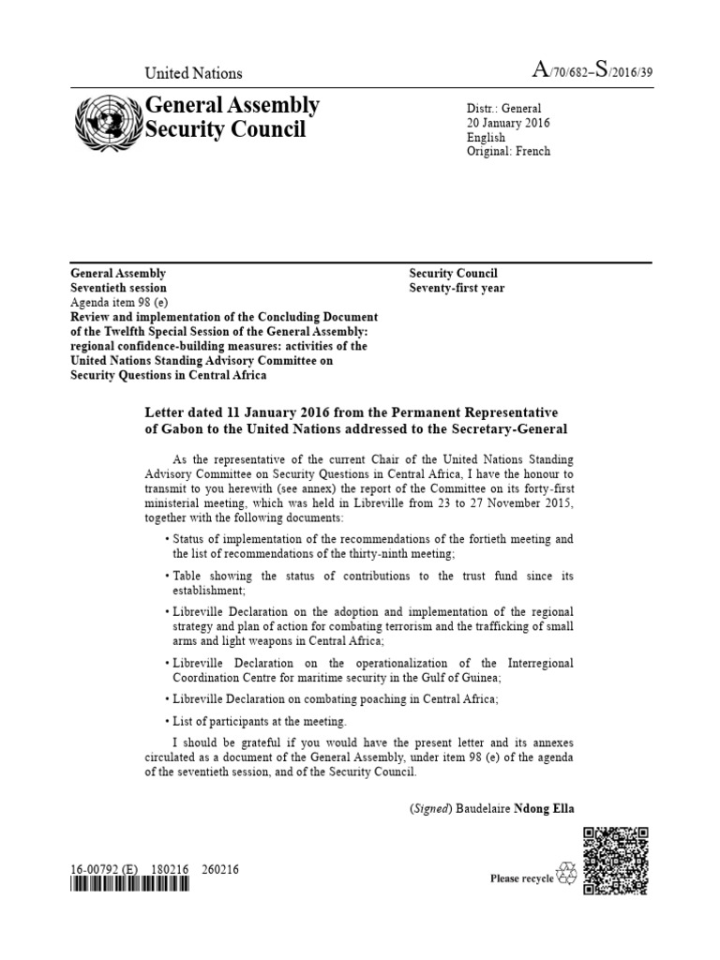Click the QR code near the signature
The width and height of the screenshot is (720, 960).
point(615,860)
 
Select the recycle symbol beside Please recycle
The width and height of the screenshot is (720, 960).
point(567,876)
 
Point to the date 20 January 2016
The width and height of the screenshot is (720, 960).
point(508,123)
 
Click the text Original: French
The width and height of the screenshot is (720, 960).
point(508,151)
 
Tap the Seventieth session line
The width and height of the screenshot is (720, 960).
point(119,288)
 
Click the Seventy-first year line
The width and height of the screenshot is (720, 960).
point(457,288)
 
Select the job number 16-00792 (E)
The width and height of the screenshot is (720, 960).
point(104,869)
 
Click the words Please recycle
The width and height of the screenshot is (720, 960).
point(522,878)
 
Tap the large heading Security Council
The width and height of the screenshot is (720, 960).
point(225,128)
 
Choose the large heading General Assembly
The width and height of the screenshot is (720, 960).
point(232,105)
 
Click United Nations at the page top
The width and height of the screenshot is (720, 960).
point(192,73)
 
